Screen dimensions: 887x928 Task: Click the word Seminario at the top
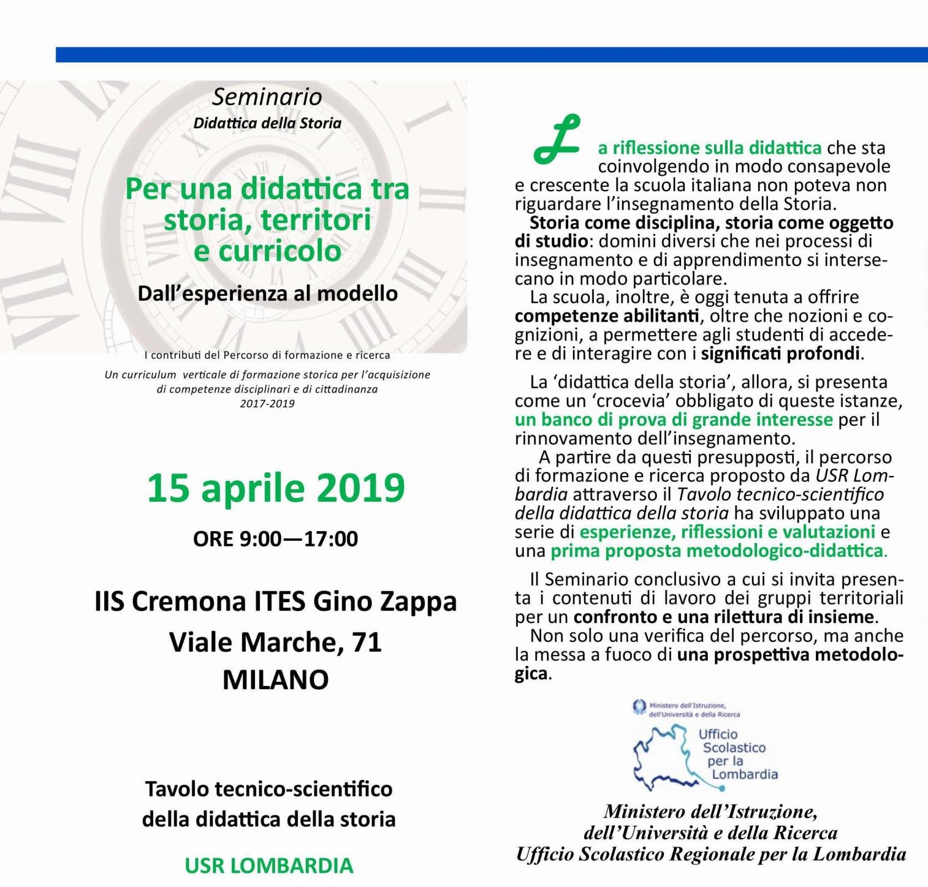[267, 97]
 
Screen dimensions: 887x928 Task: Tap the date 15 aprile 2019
[276, 488]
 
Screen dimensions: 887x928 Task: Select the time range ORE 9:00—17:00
[275, 539]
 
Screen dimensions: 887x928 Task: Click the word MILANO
[275, 680]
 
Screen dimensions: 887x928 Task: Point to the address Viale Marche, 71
[275, 642]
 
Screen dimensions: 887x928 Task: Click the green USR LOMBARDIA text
[269, 866]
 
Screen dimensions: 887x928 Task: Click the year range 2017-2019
[267, 404]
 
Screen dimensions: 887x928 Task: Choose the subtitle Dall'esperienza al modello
[267, 293]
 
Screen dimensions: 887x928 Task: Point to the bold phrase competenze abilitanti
[606, 316]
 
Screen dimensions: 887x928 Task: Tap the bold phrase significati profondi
[781, 354]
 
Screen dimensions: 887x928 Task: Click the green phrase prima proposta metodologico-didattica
[718, 551]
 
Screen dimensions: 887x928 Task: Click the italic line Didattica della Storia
[267, 123]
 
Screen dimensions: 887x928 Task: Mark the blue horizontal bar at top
[490, 55]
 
